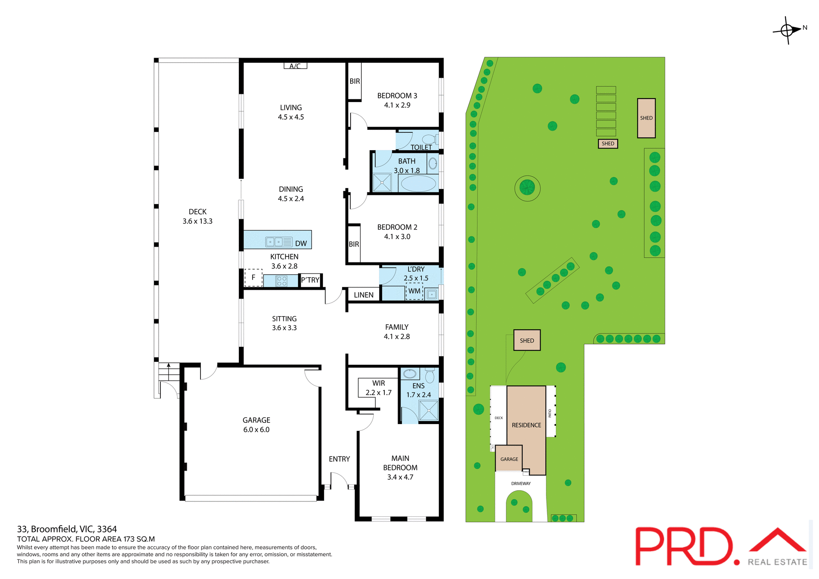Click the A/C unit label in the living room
point(295,66)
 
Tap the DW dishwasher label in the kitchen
point(301,243)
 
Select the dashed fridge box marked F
point(253,277)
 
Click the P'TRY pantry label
point(310,280)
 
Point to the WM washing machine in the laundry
point(414,291)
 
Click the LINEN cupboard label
point(363,295)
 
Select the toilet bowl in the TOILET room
point(429,139)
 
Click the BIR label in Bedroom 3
point(354,81)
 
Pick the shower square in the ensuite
point(428,410)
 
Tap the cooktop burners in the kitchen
point(282,281)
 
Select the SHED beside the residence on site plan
point(527,340)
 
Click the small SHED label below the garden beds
point(608,143)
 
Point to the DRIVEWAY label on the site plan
point(521,483)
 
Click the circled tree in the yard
point(527,188)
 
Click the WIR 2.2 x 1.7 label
point(378,388)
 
